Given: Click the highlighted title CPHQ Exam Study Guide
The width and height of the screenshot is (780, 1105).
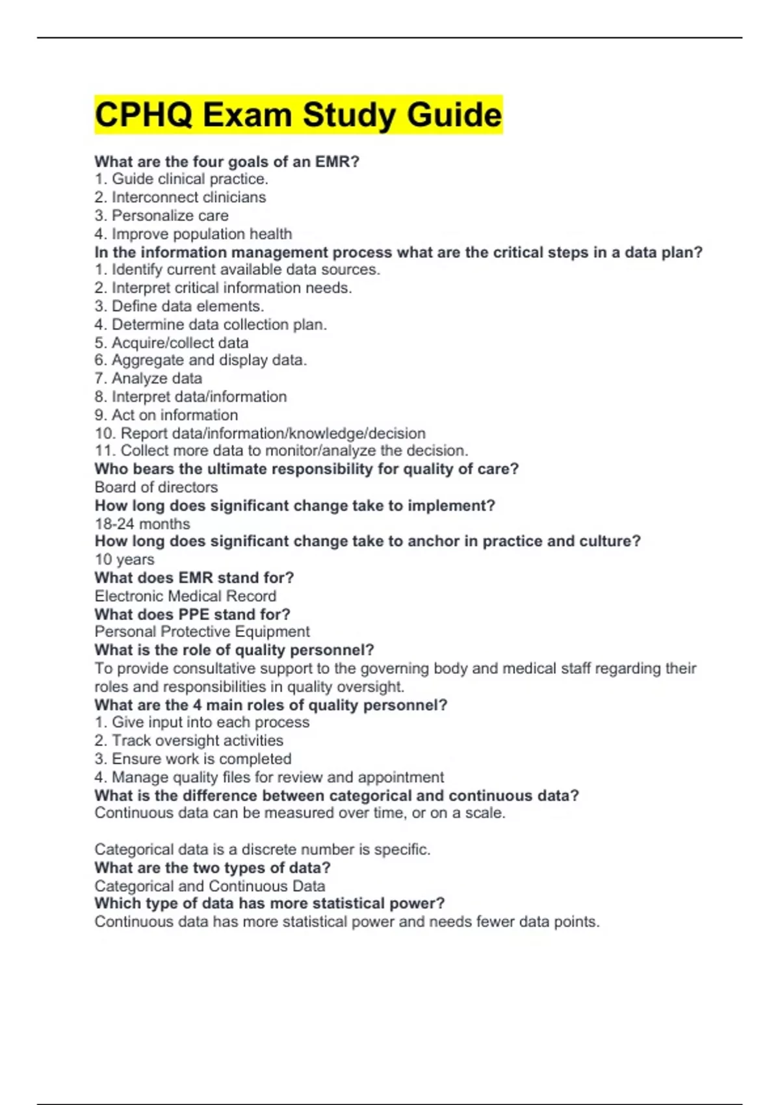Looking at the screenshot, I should click(298, 115).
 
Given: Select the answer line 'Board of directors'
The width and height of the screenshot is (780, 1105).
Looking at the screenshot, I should click(156, 487).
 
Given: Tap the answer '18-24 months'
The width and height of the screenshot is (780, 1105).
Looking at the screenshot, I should click(142, 524).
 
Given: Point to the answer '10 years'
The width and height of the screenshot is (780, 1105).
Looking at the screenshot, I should click(124, 560).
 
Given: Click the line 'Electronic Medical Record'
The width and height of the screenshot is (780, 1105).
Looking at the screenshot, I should click(185, 596).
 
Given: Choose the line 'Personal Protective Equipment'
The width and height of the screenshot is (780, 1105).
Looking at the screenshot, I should click(202, 632).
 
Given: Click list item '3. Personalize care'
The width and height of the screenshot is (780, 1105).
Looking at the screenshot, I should click(161, 216).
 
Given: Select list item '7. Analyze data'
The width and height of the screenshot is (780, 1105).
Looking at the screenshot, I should click(148, 378).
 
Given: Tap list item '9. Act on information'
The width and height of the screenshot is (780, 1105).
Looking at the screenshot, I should click(166, 415).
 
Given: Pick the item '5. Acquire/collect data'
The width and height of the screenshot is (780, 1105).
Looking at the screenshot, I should click(171, 343).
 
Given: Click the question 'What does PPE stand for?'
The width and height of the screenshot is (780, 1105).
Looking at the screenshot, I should click(192, 614).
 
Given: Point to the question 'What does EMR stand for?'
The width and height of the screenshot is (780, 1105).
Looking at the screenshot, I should click(194, 578).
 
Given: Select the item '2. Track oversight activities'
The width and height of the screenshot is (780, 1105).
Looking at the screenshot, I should click(188, 740).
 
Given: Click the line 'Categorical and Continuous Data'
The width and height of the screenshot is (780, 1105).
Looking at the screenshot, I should click(209, 886).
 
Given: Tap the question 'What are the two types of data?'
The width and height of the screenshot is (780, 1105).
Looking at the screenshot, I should click(213, 868).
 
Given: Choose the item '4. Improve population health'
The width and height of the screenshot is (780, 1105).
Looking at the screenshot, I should click(193, 234).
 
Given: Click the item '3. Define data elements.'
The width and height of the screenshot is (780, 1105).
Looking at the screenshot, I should click(179, 306).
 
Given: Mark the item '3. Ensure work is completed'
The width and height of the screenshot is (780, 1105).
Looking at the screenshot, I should click(192, 759).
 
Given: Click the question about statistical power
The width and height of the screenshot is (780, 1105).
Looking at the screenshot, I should click(270, 903).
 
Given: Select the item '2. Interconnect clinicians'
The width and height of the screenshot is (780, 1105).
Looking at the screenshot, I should click(180, 198).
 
